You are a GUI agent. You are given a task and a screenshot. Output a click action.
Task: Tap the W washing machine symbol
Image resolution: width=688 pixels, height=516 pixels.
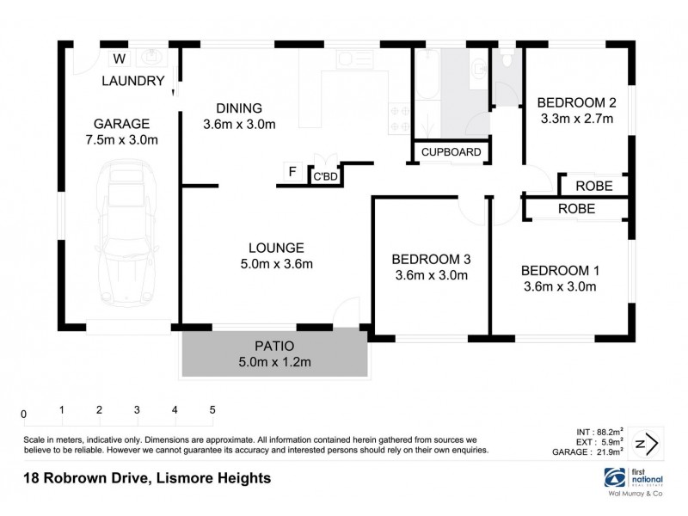120,58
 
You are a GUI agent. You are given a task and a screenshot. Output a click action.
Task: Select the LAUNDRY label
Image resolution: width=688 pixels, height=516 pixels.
132,82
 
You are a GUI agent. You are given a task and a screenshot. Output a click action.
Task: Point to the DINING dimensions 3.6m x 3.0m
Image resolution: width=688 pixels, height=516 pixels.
239,124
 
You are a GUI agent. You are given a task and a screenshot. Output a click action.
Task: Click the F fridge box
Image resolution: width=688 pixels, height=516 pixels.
292,172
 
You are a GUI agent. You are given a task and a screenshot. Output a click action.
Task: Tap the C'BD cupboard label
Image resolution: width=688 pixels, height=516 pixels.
324,177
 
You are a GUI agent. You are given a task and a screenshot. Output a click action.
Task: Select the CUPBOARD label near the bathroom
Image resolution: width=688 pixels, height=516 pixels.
451,152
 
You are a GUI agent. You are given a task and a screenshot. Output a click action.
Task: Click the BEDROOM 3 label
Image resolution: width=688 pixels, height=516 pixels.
430,259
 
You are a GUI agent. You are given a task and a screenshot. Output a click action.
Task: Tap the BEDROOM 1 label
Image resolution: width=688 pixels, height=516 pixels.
560,270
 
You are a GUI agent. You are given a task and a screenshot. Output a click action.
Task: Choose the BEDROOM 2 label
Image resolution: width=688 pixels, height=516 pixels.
577,100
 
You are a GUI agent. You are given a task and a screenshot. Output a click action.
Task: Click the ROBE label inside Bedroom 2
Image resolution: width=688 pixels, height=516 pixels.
593,185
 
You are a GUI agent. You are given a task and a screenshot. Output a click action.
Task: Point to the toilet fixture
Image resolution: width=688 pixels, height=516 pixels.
507,59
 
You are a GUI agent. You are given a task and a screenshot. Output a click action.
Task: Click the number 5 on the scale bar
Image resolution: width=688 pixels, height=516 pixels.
212,410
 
